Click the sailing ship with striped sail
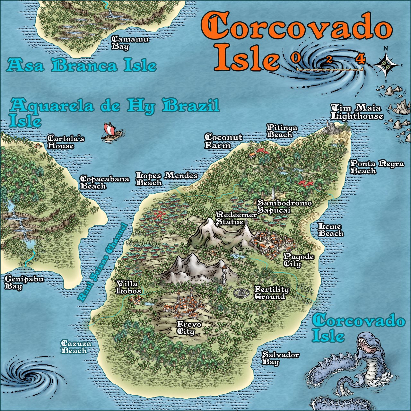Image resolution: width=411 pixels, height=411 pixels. tap(111, 132)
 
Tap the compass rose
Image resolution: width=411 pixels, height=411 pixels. tap(386, 65)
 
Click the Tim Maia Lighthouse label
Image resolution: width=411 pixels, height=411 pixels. tap(357, 112)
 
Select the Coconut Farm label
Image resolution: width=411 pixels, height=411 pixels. tap(223, 141)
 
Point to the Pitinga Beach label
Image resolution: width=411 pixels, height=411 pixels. tap(282, 131)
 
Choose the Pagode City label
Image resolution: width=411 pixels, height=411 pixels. tap(298, 260)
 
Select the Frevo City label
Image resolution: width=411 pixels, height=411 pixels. tap(189, 328)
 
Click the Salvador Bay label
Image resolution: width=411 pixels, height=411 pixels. tap(280, 358)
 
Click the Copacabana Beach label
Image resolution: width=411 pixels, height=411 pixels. tap(104, 182)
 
